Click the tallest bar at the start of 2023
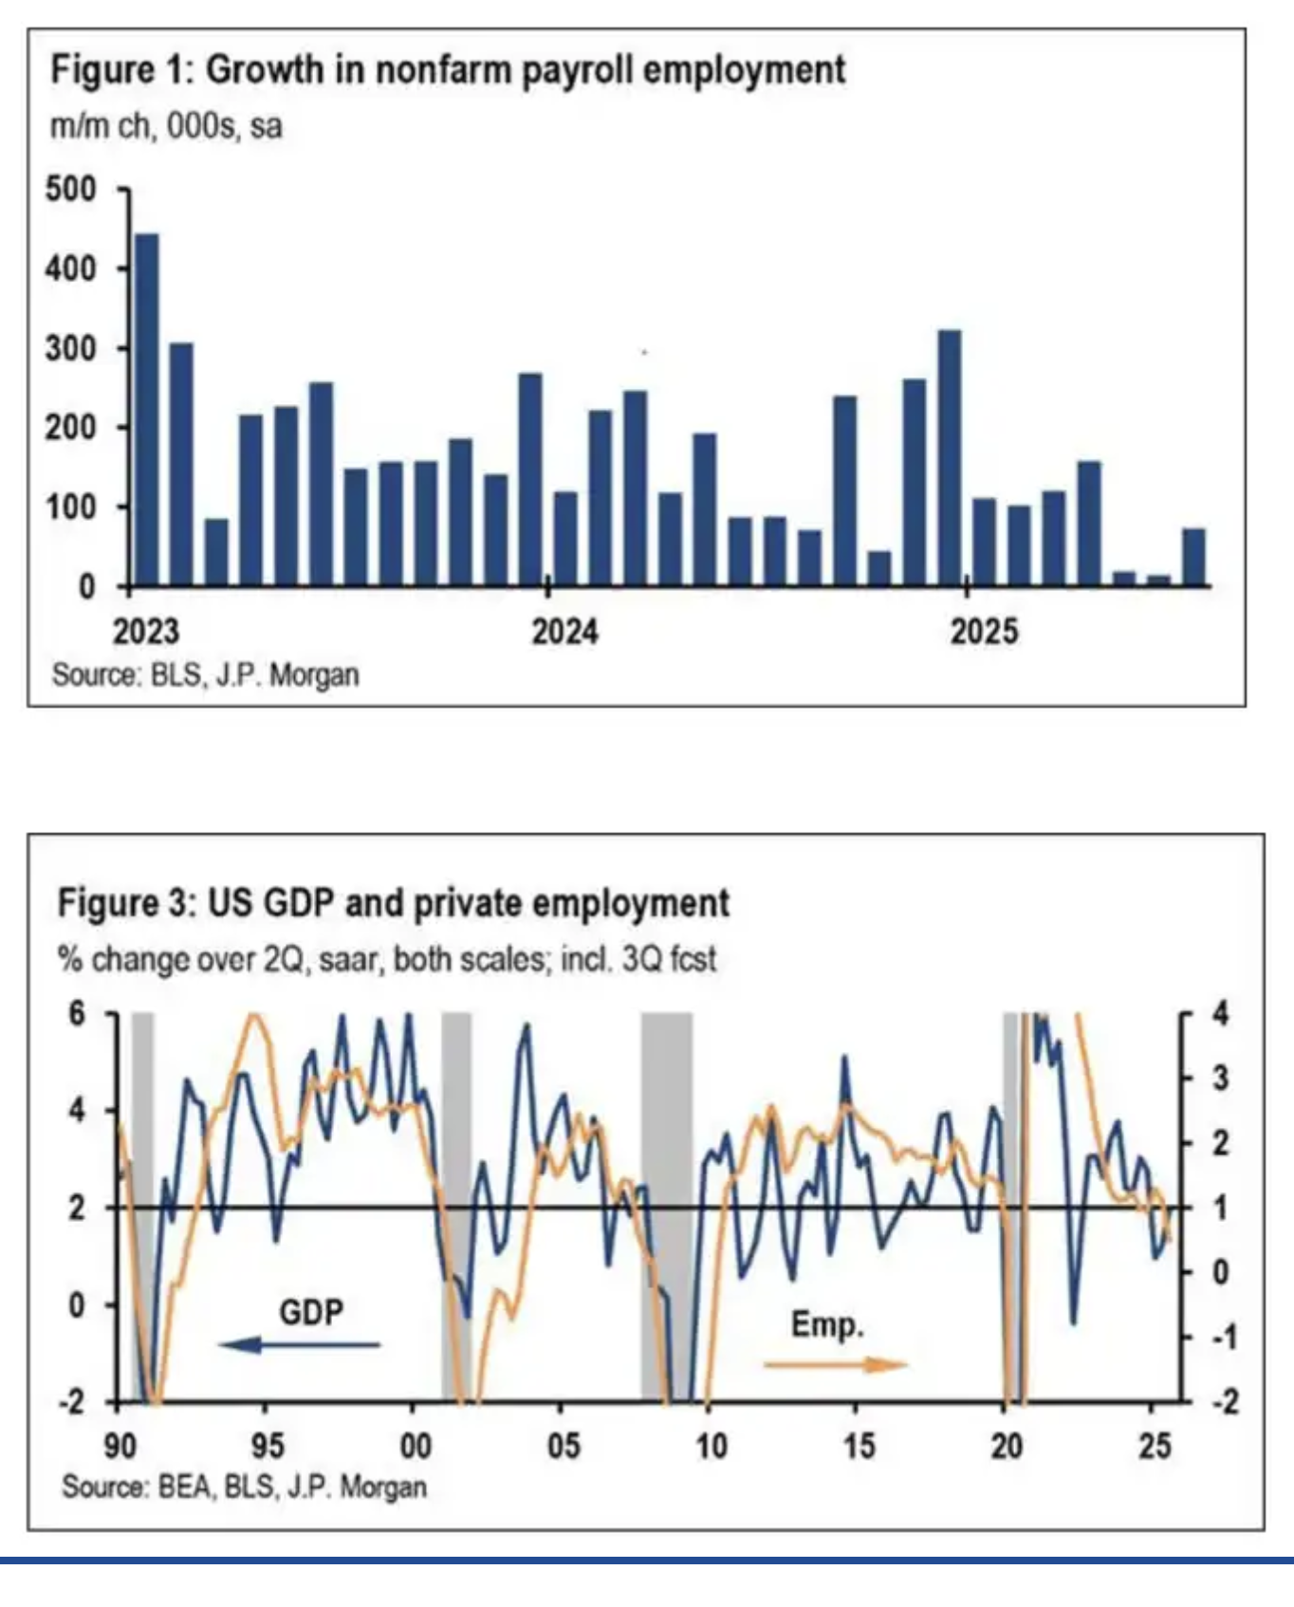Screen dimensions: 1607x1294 click(x=147, y=409)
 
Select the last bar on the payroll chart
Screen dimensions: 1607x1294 click(x=1193, y=557)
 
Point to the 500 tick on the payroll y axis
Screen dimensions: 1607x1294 click(x=71, y=189)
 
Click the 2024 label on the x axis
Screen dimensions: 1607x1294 click(x=564, y=632)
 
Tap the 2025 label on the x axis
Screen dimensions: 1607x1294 click(x=984, y=632)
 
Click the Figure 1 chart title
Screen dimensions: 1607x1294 click(x=448, y=70)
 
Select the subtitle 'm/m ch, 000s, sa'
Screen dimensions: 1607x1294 click(x=166, y=126)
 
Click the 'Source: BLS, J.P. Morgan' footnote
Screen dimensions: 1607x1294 click(x=205, y=675)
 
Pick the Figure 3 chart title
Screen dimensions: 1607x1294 click(x=394, y=902)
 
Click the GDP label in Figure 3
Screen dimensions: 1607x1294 click(x=311, y=1312)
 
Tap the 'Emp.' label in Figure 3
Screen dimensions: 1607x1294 click(x=827, y=1324)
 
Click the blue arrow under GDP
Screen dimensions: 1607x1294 click(x=299, y=1344)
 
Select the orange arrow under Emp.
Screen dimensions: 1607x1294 click(x=836, y=1365)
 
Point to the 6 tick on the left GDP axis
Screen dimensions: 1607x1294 click(x=77, y=1013)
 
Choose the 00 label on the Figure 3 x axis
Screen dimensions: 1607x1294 click(x=415, y=1446)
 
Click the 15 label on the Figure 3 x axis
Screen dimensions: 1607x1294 click(x=859, y=1446)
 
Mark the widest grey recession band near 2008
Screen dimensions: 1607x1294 click(x=667, y=1205)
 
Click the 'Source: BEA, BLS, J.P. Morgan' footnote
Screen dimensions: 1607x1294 click(x=244, y=1487)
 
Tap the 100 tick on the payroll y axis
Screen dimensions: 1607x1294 click(x=71, y=507)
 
